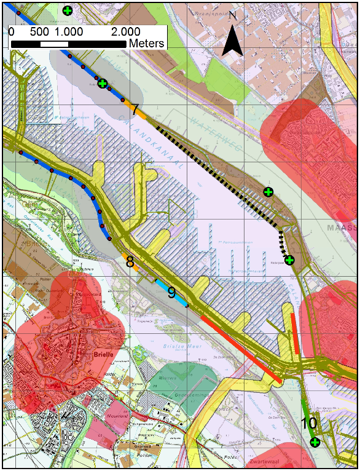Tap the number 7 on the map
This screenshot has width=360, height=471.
click(135, 111)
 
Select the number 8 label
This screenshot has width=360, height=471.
click(130, 263)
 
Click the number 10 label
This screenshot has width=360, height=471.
click(309, 423)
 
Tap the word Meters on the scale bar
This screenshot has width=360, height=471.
click(146, 43)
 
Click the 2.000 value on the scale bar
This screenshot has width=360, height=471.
click(125, 31)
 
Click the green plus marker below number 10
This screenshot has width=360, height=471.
click(315, 442)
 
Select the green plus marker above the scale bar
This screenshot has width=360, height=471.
click(68, 10)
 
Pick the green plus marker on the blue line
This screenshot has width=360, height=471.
click(103, 83)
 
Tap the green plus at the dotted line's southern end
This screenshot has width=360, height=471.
click(289, 260)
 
